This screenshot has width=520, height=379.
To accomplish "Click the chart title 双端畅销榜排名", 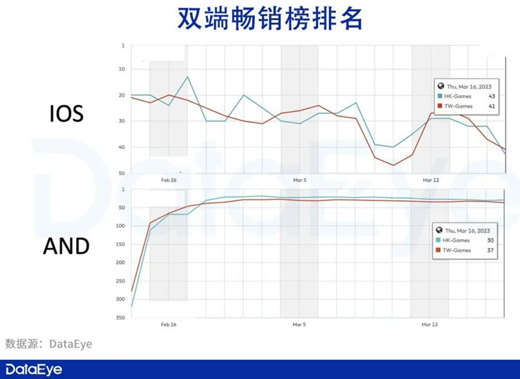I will [259, 20].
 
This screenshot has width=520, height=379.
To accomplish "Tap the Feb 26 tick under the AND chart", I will [168, 323].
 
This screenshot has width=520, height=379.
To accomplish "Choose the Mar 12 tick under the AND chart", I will [429, 323].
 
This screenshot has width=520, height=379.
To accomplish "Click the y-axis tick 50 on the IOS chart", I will [122, 174].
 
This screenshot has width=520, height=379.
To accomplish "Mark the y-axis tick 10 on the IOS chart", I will [122, 69].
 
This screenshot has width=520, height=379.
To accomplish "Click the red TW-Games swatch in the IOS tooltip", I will [440, 105].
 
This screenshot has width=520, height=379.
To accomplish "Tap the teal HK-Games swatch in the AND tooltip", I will [440, 240].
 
